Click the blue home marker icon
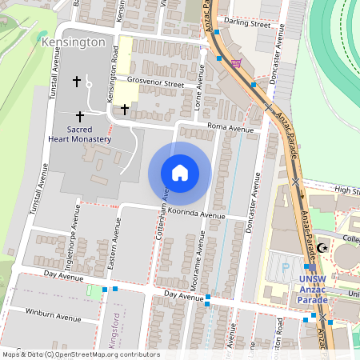tap(180, 173)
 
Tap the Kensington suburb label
tap(71, 41)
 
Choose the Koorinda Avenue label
tap(197, 214)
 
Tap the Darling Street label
tap(247, 24)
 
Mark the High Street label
tap(347, 190)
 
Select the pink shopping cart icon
tap(235, 62)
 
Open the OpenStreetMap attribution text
tap(81, 354)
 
